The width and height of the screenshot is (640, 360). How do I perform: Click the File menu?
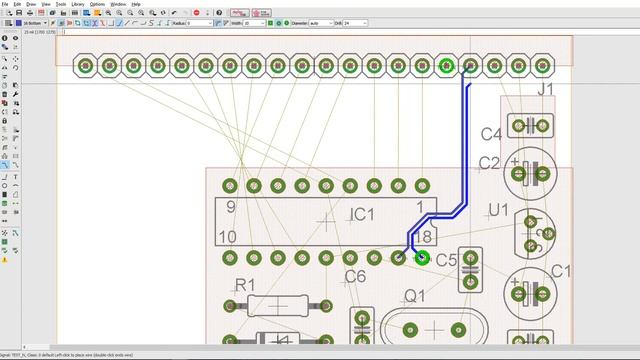click(x=5, y=4)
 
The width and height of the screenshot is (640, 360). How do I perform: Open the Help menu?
click(x=136, y=4)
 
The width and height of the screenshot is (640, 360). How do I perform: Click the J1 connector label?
click(x=545, y=91)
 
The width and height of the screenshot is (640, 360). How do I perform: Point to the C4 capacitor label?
click(x=490, y=134)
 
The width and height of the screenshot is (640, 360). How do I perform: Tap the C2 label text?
click(x=489, y=163)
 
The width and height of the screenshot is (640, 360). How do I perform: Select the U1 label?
click(x=497, y=210)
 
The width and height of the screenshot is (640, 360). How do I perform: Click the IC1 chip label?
click(x=361, y=215)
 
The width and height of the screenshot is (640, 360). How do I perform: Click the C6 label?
click(x=355, y=277)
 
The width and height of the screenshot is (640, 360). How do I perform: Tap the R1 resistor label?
click(x=244, y=285)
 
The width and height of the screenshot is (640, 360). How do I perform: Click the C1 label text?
click(x=560, y=271)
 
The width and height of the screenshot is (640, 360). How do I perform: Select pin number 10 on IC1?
click(x=227, y=237)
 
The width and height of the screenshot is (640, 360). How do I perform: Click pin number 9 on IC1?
click(x=230, y=207)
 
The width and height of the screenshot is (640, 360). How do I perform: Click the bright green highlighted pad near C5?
click(x=422, y=258)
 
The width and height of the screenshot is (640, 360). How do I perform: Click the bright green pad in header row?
click(x=447, y=66)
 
